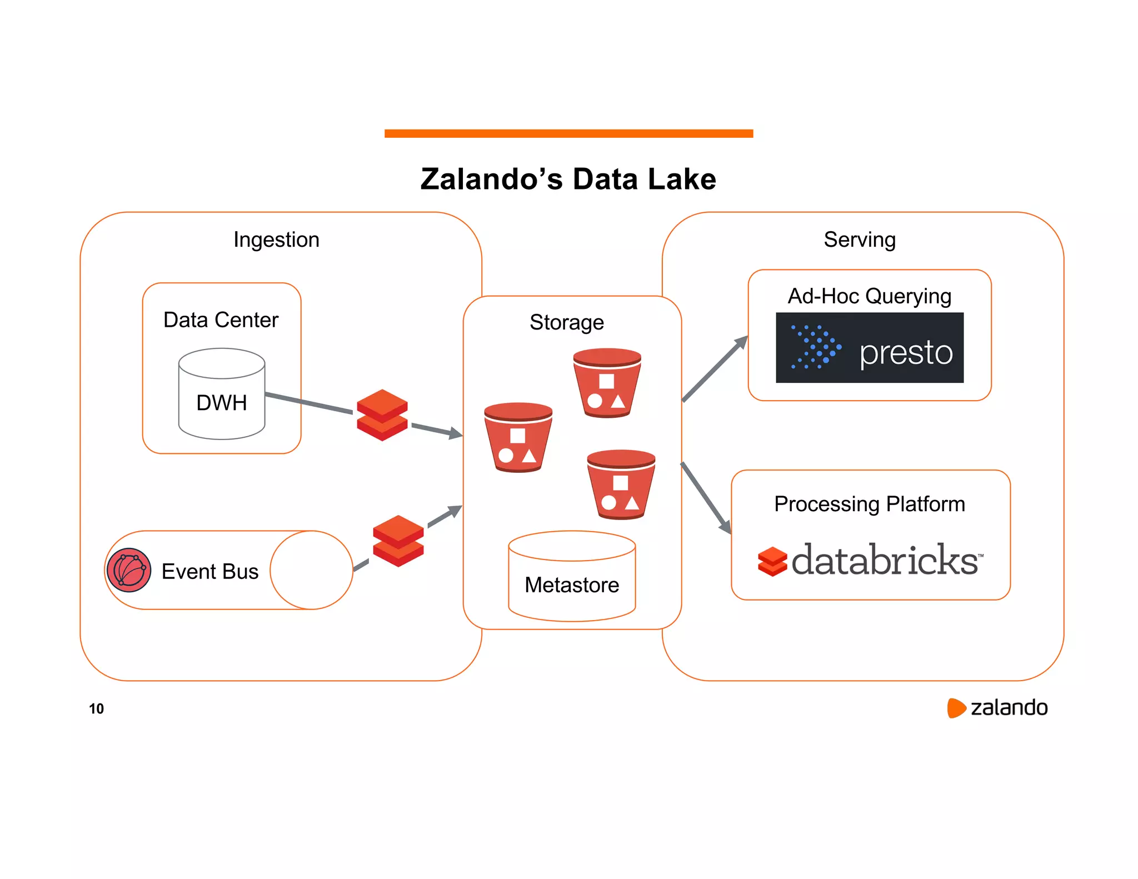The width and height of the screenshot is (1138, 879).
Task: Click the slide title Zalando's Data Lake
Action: coord(568,179)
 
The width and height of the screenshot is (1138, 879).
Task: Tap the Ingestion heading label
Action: coord(276,239)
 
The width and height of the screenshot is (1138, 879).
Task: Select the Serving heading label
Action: coord(859,239)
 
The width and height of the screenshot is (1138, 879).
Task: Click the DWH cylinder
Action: coord(222,394)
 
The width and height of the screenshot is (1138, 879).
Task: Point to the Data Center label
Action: coord(221,320)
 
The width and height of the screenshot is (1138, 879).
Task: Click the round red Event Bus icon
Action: coord(129,570)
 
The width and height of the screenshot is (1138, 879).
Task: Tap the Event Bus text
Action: coord(210,571)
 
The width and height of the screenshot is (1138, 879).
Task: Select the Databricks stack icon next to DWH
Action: coord(382,415)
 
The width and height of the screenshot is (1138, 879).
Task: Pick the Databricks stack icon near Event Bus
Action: coord(398,541)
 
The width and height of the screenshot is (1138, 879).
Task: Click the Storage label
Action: coord(566,322)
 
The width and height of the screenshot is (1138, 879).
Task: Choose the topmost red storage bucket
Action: coord(607,383)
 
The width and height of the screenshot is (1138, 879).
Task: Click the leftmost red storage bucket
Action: coord(518,437)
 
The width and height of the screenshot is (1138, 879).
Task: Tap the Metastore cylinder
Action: coord(572,577)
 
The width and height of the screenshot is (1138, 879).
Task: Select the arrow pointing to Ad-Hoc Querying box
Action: coord(716,368)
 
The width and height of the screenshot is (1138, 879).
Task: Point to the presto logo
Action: coord(869,348)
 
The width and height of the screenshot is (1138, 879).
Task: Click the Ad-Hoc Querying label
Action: coord(869,296)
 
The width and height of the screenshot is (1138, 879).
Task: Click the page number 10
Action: coord(96,708)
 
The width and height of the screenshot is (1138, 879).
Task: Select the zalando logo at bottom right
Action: coord(997,708)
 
